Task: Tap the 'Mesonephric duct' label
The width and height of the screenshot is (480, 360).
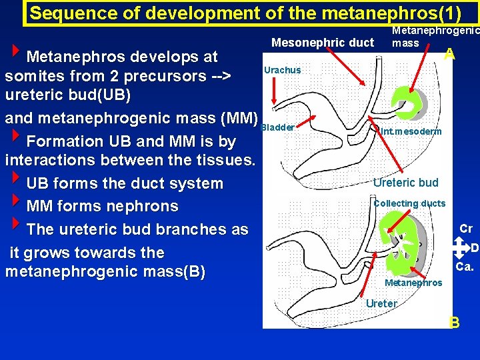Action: [x=323, y=43]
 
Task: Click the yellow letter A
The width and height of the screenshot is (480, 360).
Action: [x=450, y=55]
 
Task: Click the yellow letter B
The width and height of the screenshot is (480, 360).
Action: [x=454, y=323]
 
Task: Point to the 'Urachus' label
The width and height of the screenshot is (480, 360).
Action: [x=282, y=70]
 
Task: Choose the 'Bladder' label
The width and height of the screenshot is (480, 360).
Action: [x=278, y=127]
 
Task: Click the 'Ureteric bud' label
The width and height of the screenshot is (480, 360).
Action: [x=405, y=183]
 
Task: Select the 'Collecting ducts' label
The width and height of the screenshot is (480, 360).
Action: [x=409, y=203]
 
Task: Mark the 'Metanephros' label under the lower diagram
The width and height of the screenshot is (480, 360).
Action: [x=413, y=283]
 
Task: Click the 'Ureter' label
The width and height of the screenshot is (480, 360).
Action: [x=382, y=303]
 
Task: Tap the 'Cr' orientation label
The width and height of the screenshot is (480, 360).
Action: [x=466, y=229]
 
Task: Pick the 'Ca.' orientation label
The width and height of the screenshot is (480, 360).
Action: [x=465, y=267]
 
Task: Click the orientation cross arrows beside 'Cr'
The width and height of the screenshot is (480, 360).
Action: [x=460, y=248]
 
